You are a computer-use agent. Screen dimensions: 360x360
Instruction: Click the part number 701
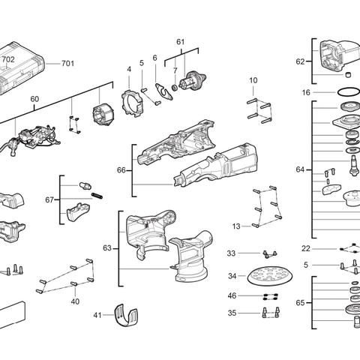[67, 64]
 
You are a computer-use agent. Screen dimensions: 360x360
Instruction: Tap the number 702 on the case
[7, 59]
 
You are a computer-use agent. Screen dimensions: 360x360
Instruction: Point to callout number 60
[34, 98]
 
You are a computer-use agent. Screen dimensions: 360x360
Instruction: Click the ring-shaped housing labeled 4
[132, 102]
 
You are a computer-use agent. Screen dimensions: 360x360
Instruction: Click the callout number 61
[180, 42]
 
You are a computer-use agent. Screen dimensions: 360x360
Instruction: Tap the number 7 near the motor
[174, 71]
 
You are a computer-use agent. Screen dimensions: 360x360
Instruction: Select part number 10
[253, 80]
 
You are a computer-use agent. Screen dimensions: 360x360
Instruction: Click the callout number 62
[300, 61]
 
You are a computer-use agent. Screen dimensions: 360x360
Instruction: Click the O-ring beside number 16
[346, 92]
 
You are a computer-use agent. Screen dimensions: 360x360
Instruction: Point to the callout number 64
[300, 170]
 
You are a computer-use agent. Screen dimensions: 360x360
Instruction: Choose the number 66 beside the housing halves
[121, 170]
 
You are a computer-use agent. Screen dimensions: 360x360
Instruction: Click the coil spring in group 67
[96, 196]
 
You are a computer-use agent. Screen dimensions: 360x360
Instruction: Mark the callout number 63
[106, 247]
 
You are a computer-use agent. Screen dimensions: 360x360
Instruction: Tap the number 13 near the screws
[236, 226]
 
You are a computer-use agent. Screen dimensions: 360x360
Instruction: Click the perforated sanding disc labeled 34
[267, 276]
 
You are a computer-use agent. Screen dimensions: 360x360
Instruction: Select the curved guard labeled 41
[127, 316]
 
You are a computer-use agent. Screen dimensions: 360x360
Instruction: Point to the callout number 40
[75, 301]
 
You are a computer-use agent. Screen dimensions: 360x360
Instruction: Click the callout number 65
[300, 303]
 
